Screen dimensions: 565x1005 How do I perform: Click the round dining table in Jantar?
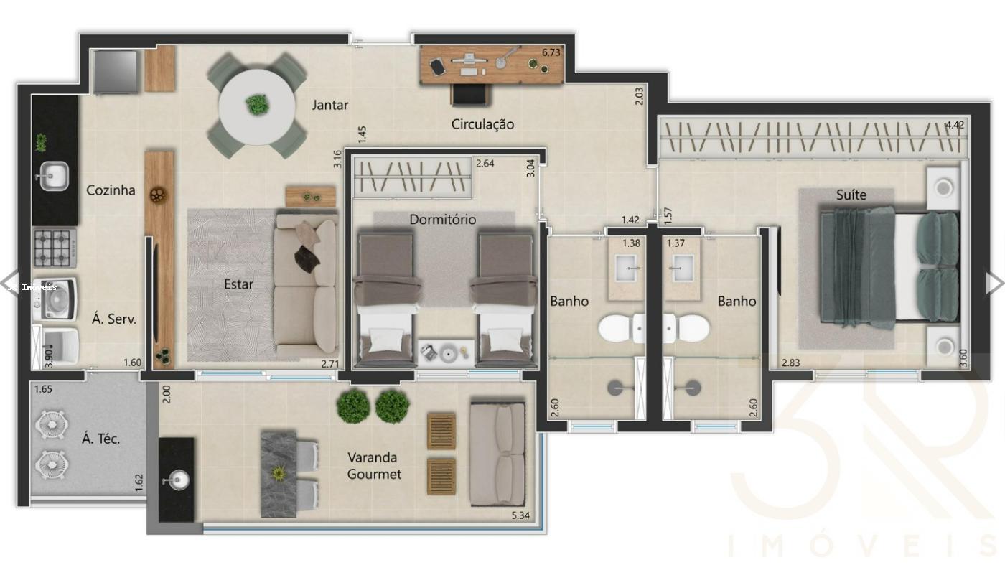(x=257, y=106)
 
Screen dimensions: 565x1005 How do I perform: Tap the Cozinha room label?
(x=111, y=190)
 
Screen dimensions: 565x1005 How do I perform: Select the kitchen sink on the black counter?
(x=53, y=176)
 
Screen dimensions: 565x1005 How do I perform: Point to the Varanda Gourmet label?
(x=373, y=465)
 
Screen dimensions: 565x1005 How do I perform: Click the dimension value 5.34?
(x=520, y=515)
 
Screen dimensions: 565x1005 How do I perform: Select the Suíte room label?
(x=851, y=195)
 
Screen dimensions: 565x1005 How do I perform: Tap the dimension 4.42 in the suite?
(x=955, y=125)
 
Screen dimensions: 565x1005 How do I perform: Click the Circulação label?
(x=482, y=124)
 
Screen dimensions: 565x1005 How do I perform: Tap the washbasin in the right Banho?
(x=681, y=268)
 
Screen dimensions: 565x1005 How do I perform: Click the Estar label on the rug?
(x=238, y=284)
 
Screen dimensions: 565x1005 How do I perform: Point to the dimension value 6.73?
(x=551, y=52)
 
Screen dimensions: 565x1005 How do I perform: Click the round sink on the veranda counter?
(x=176, y=479)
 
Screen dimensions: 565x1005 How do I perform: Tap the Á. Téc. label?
(x=100, y=439)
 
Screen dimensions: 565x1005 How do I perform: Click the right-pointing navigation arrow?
(x=994, y=283)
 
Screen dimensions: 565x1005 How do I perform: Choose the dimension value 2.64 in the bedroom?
(x=485, y=163)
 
